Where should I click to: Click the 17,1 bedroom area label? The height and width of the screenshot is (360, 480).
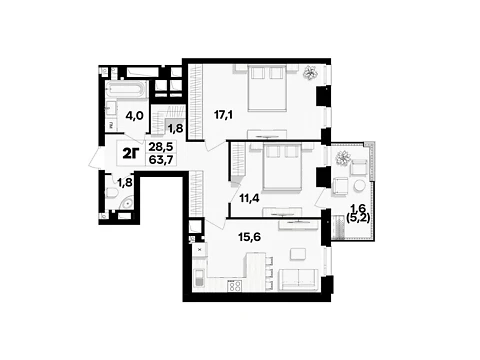tap(224, 115)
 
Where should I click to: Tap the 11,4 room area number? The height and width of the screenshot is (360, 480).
tap(249, 198)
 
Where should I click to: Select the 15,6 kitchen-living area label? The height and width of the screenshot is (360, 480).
tap(249, 237)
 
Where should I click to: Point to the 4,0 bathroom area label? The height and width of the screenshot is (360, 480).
tap(134, 116)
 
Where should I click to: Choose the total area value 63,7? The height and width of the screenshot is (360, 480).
tap(161, 160)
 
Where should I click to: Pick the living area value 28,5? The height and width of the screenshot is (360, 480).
tap(161, 147)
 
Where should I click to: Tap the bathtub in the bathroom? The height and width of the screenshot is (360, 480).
tap(126, 89)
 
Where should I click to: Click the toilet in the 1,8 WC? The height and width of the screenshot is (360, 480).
tap(111, 192)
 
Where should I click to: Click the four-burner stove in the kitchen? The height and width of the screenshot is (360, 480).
tap(234, 286)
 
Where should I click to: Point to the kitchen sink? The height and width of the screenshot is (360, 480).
tap(199, 277)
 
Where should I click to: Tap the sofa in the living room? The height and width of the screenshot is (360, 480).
tap(298, 279)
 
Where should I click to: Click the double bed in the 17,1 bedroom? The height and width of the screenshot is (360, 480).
tap(267, 88)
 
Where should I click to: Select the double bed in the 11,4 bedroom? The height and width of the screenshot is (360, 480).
tap(283, 167)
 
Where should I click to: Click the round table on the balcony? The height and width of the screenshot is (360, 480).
tap(359, 185)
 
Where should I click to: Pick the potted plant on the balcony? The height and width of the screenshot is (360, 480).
tap(342, 158)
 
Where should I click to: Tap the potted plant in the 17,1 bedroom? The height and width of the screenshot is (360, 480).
tap(310, 73)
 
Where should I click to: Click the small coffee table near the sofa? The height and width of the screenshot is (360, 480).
tap(298, 254)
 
